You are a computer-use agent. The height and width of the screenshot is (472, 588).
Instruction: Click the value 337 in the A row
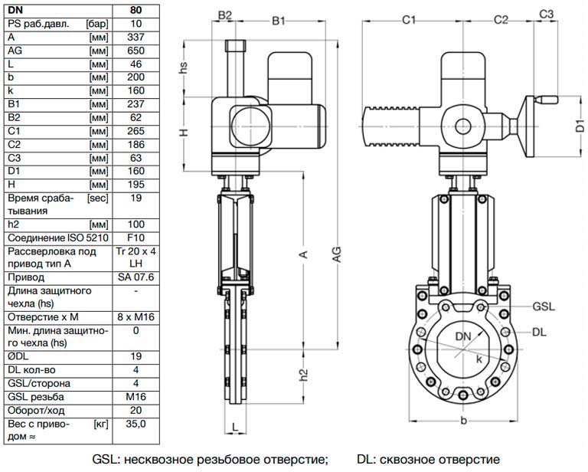136,37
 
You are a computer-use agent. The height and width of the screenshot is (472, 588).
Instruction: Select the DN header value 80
136,10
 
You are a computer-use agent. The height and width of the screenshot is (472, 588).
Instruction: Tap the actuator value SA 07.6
136,277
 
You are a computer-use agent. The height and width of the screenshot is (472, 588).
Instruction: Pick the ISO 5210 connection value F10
136,238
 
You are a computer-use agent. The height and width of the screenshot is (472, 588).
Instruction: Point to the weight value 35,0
136,423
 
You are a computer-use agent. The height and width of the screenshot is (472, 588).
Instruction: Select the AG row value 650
136,51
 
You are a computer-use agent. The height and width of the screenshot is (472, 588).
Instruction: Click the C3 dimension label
547,15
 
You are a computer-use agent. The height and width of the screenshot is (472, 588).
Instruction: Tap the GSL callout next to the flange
544,305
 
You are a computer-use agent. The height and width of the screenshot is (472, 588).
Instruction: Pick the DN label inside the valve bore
463,337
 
